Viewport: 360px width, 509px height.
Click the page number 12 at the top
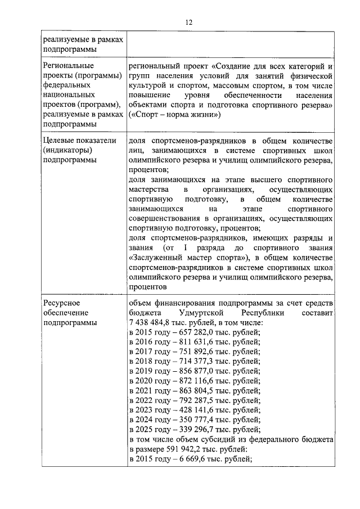[188, 22]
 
